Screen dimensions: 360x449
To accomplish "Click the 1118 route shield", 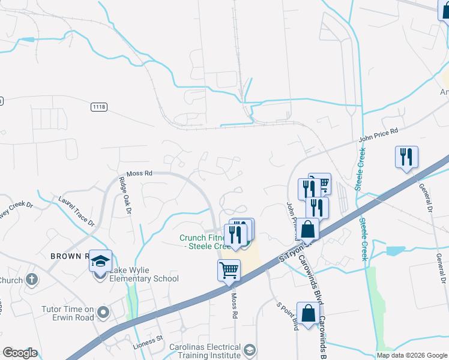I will click(99, 106).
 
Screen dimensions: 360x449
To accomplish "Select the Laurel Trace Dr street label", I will click(77, 211).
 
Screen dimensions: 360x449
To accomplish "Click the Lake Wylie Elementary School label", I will click(144, 278).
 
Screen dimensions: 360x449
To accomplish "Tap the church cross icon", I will click(32, 280).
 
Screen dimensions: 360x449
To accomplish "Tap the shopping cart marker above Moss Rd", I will click(229, 271).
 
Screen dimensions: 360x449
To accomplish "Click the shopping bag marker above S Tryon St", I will click(309, 229).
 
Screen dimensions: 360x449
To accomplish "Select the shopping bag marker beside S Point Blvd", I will click(308, 313).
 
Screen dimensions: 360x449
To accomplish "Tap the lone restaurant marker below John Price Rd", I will click(406, 157).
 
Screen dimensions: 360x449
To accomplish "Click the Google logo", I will click(19, 353).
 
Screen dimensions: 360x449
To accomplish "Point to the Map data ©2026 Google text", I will click(412, 355).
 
